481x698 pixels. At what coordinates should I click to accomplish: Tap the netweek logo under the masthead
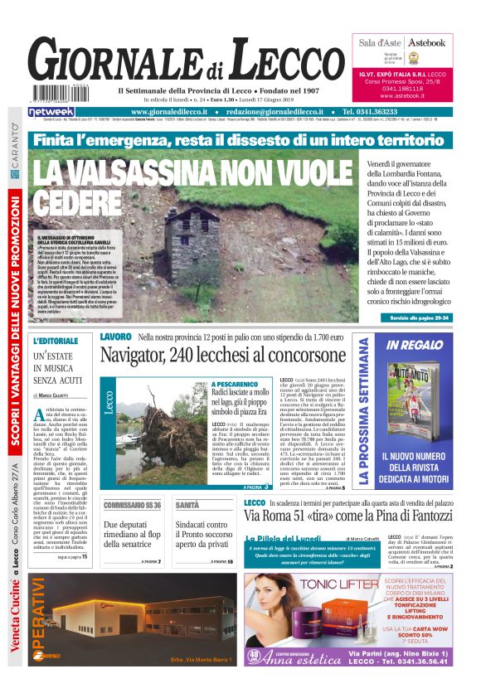pos(51,111)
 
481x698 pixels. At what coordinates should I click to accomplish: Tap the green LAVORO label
pos(115,337)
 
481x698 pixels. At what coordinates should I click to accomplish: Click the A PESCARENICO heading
pos(235,385)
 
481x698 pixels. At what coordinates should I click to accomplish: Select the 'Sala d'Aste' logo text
pos(380,42)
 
